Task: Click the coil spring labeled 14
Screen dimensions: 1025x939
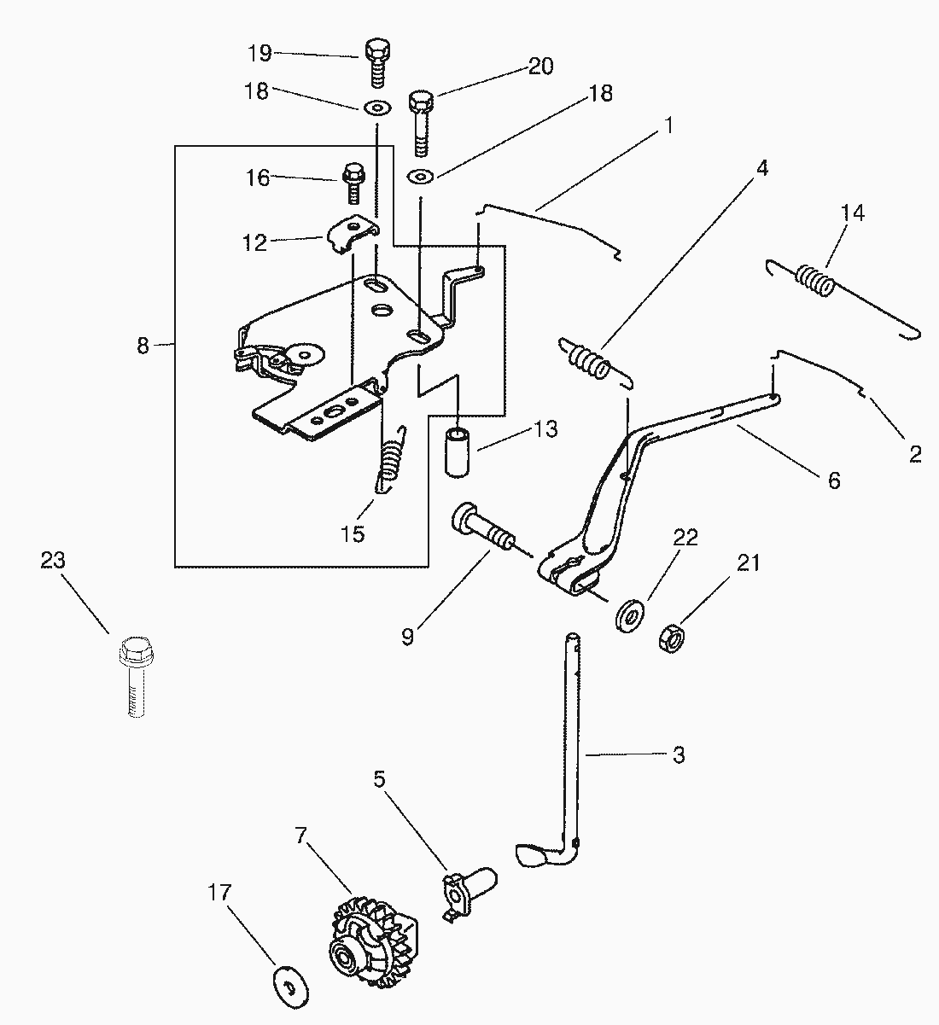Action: pyautogui.click(x=816, y=281)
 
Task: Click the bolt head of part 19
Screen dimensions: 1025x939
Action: pyautogui.click(x=377, y=50)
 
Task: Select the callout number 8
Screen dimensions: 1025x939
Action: pyautogui.click(x=143, y=346)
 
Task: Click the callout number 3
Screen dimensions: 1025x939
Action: pyautogui.click(x=679, y=754)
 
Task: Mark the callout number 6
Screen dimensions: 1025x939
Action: pyautogui.click(x=833, y=480)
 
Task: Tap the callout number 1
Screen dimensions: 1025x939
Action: pyautogui.click(x=668, y=125)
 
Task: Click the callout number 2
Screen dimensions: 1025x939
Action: pyautogui.click(x=915, y=454)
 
